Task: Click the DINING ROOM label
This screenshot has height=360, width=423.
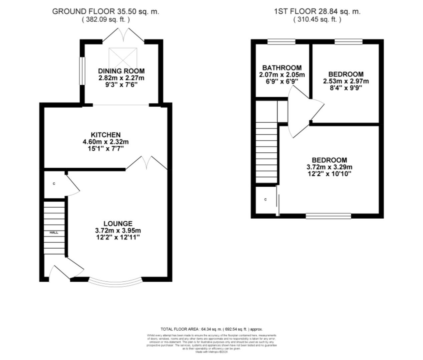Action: (x=121, y=71)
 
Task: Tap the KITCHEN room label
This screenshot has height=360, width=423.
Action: (x=105, y=135)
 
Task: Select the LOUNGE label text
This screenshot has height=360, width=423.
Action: (x=117, y=224)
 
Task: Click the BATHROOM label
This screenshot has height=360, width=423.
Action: (x=282, y=68)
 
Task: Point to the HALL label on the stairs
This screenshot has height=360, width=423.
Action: (x=54, y=232)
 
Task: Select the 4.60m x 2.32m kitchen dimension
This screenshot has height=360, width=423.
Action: (x=105, y=142)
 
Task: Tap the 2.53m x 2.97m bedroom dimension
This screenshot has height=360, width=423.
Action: (x=346, y=81)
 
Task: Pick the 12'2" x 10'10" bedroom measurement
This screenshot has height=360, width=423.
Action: (x=329, y=174)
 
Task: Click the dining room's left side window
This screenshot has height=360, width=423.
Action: (x=81, y=71)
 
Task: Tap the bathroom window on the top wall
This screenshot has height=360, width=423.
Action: (x=281, y=42)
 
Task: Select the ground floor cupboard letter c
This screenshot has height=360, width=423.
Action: (x=54, y=184)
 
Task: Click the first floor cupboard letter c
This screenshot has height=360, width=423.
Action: (x=266, y=200)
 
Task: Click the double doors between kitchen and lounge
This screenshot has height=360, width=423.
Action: (x=146, y=163)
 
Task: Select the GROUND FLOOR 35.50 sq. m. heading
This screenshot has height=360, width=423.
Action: (x=106, y=11)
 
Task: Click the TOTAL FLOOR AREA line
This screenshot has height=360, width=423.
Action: (x=211, y=329)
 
